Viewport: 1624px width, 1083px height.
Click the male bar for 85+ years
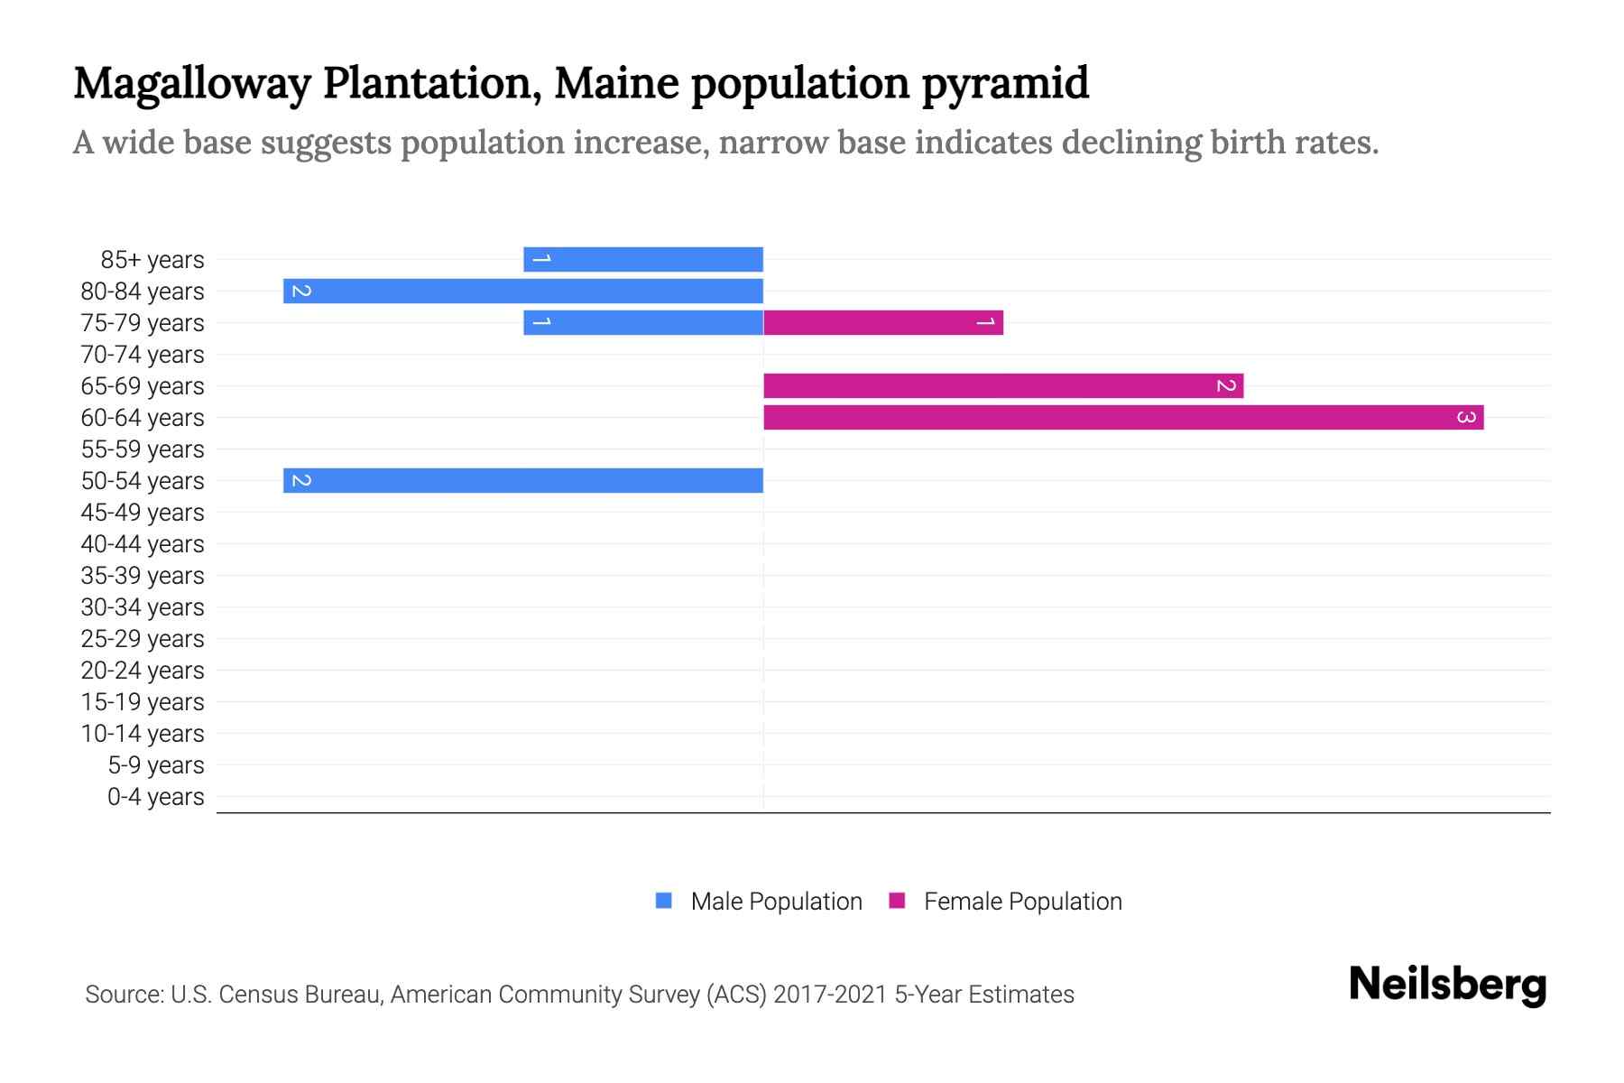point(643,259)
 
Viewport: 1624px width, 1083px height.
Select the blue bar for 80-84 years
point(523,291)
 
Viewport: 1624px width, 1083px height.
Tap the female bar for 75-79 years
point(882,322)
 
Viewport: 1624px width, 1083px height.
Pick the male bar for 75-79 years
point(643,322)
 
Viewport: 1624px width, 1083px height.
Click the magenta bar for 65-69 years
point(1003,385)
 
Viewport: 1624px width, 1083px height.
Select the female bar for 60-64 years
point(1123,417)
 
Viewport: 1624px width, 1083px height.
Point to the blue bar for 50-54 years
point(523,480)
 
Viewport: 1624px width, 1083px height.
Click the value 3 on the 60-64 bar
point(1466,417)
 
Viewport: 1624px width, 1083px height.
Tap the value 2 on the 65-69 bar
point(1225,385)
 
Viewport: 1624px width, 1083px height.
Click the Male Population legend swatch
point(664,901)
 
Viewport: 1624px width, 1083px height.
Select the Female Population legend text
point(1022,901)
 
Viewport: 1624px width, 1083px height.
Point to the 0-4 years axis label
point(155,797)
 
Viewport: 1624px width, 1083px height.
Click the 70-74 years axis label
point(143,355)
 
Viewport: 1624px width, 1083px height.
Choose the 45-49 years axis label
point(143,513)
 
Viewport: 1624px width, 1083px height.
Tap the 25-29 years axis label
point(143,639)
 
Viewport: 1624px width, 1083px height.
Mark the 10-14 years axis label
point(143,734)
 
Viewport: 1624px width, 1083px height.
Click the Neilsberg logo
point(1447,985)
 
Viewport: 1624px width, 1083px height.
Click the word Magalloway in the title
point(191,84)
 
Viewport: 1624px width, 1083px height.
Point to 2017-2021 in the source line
point(830,995)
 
